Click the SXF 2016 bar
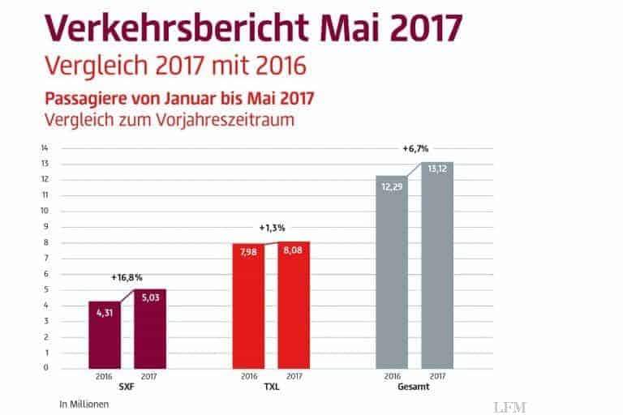tap(105, 335)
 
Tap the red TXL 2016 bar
tap(248, 306)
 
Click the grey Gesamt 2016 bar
tap(392, 272)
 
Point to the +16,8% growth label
tap(127, 277)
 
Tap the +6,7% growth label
tap(415, 149)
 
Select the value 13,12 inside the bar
tap(437, 169)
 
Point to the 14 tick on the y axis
tap(46, 148)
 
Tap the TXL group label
tap(271, 388)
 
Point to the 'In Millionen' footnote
tap(84, 403)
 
